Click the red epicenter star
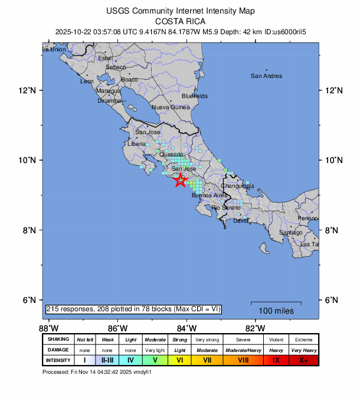point(181,181)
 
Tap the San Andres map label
point(266,76)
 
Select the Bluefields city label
point(195,96)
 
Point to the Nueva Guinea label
point(171,107)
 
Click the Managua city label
point(108,91)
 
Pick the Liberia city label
point(136,144)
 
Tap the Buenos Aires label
point(210,195)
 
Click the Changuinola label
point(237,185)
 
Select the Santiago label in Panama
point(290,233)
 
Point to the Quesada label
point(171,155)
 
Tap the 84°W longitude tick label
point(186,328)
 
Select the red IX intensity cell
point(276,360)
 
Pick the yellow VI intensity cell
point(180,360)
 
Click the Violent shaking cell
point(276,340)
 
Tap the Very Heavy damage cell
point(303,350)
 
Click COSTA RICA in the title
point(179,20)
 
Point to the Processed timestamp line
point(102,372)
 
